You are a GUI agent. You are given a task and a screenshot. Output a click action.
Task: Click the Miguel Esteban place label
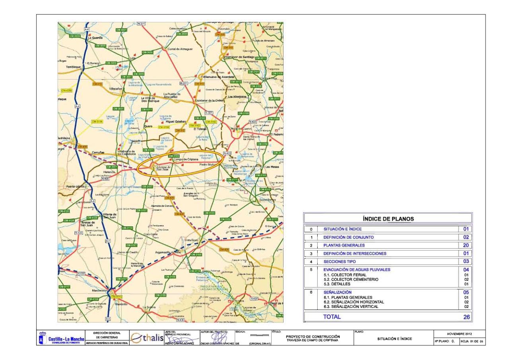(x=175, y=121)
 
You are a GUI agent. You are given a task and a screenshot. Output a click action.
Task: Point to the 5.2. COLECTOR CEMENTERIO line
(x=350, y=280)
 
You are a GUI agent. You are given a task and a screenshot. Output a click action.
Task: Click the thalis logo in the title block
(x=147, y=338)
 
